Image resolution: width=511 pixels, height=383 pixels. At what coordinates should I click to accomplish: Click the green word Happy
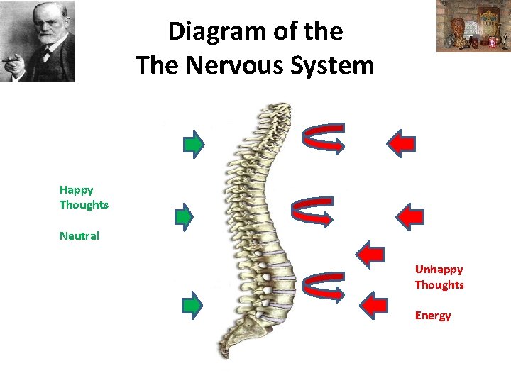[77, 189]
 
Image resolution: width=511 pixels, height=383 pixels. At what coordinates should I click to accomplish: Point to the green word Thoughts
[84, 205]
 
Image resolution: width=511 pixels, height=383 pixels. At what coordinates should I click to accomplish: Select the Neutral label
[79, 235]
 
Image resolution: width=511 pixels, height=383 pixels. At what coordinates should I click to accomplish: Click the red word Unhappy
[439, 270]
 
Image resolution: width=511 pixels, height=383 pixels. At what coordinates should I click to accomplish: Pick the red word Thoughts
[439, 285]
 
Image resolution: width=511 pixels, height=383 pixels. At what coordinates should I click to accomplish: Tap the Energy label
[433, 316]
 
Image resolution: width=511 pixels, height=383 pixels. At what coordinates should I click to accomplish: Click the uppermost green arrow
[193, 143]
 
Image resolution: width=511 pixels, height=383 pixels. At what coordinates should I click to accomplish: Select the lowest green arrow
[192, 304]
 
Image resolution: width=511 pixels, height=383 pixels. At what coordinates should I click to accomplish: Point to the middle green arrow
[185, 216]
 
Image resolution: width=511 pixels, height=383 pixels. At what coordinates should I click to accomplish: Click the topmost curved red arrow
[323, 138]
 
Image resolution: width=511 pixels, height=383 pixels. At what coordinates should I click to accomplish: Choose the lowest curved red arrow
[323, 286]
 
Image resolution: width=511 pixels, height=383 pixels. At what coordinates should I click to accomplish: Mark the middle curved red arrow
[312, 211]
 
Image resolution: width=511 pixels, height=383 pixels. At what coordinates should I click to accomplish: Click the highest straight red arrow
[401, 143]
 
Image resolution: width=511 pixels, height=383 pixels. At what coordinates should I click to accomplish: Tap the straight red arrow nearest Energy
[374, 304]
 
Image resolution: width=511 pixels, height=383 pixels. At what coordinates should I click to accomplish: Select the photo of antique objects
[473, 26]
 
